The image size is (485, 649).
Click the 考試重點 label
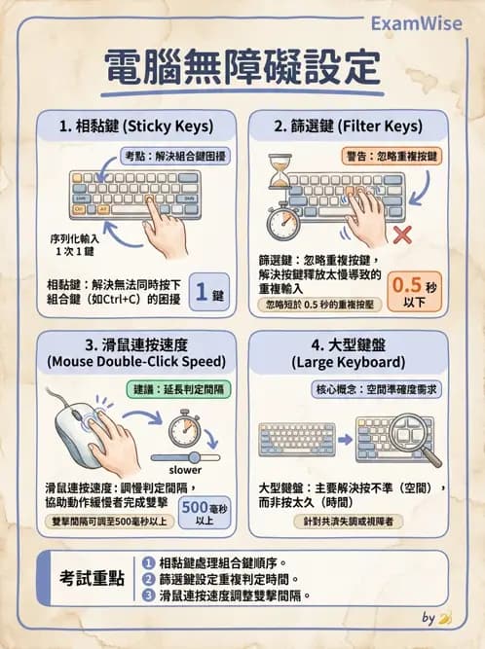pyautogui.click(x=88, y=577)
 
